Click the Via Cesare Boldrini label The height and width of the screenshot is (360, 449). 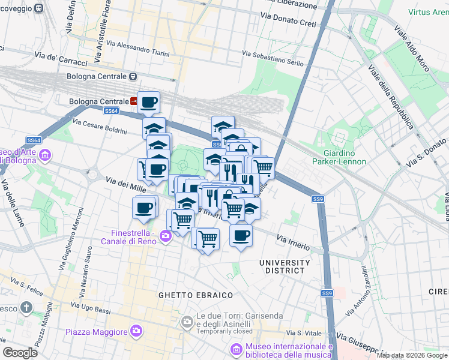click(x=100, y=127)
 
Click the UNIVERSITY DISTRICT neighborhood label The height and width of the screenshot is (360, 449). click(x=285, y=266)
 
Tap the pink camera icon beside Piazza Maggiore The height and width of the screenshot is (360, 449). click(x=136, y=331)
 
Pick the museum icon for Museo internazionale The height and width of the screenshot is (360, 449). click(x=237, y=349)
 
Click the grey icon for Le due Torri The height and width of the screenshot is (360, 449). click(x=188, y=322)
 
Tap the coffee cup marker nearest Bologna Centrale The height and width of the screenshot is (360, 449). click(x=148, y=102)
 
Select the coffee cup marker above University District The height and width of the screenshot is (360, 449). click(x=241, y=235)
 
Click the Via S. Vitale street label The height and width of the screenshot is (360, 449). click(x=302, y=333)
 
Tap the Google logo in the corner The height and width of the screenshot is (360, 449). click(x=20, y=352)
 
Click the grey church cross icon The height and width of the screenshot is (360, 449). click(x=26, y=308)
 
